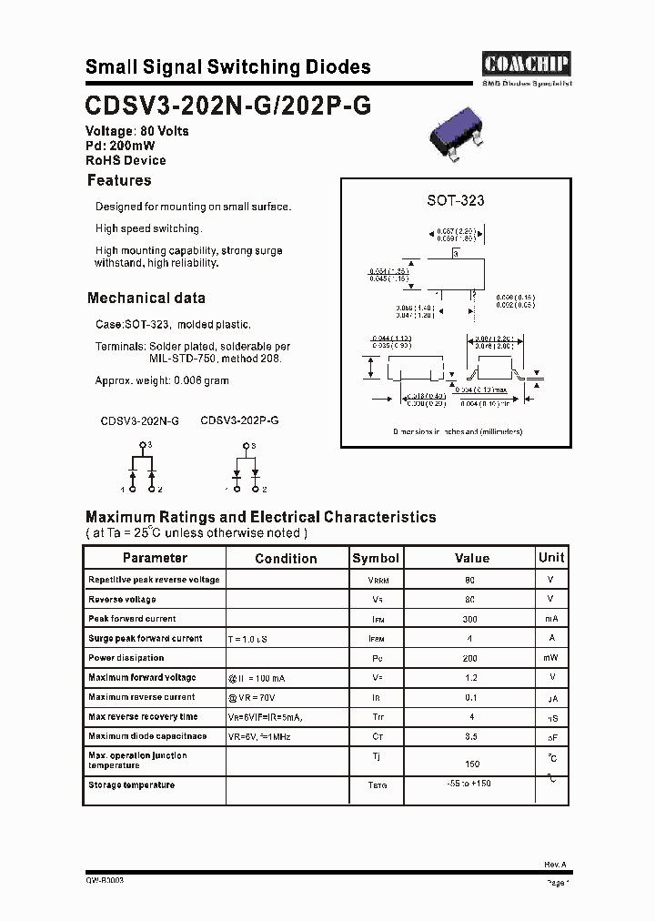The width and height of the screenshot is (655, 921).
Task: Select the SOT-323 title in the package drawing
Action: tap(456, 200)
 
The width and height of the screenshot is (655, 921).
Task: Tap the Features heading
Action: tap(119, 181)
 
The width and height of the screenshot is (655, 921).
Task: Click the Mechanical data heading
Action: tap(146, 298)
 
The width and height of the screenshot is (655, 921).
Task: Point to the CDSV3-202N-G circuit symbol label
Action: tap(139, 421)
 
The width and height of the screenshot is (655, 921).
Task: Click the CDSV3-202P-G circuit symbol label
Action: tap(239, 421)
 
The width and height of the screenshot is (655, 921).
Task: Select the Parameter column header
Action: tap(155, 558)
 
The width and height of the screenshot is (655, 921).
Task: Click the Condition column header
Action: tap(286, 559)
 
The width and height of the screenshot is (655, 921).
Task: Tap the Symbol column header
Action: tap(376, 558)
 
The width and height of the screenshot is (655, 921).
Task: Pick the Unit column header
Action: tap(551, 557)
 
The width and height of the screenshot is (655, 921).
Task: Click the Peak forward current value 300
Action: tap(471, 619)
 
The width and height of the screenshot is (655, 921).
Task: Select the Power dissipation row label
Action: tap(126, 658)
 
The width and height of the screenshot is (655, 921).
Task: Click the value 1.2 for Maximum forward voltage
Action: tap(471, 678)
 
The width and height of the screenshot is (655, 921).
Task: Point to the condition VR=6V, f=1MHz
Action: tap(259, 735)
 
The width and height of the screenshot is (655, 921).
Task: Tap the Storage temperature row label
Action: tap(131, 784)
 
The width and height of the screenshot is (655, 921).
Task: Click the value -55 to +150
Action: tap(469, 784)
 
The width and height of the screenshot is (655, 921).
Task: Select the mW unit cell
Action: tap(551, 658)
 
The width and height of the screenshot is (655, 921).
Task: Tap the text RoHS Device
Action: tap(126, 160)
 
